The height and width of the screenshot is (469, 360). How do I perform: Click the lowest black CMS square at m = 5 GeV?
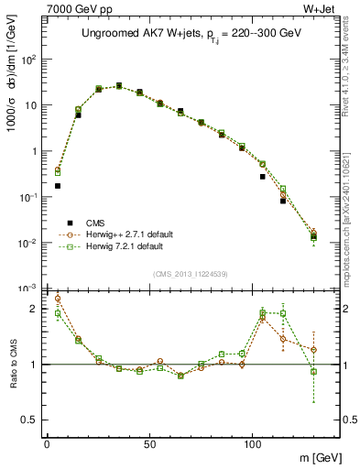click(x=58, y=186)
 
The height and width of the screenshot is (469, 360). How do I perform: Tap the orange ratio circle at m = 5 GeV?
click(x=58, y=299)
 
